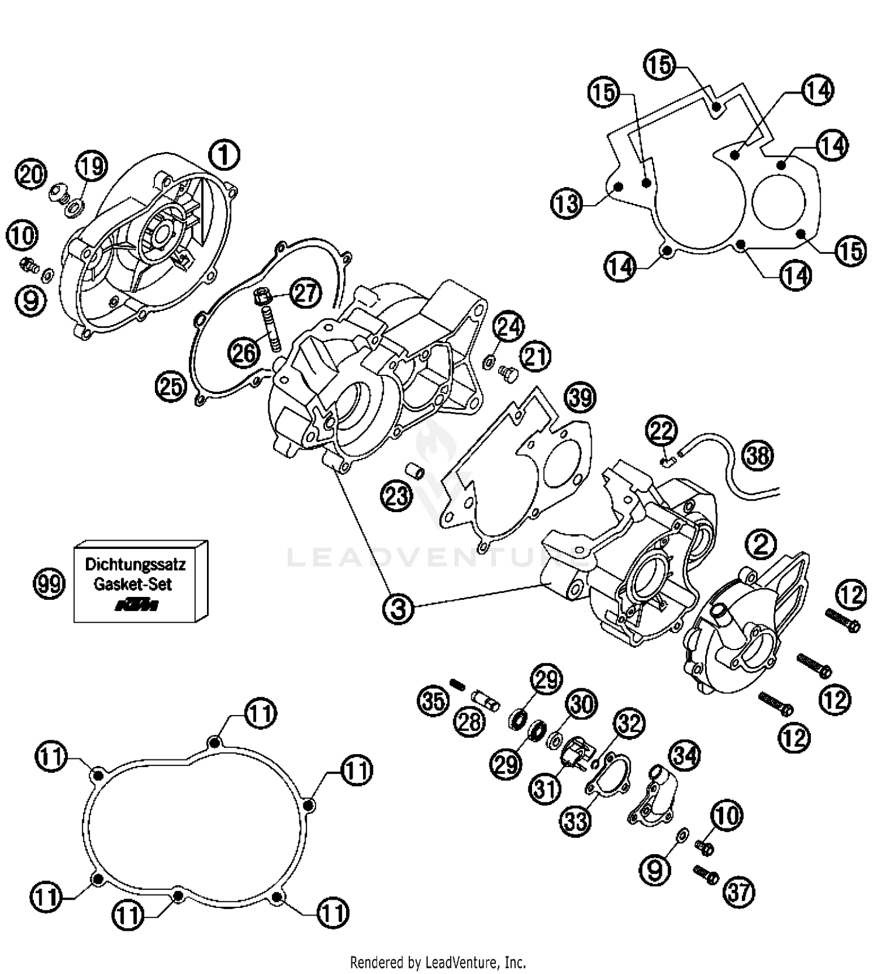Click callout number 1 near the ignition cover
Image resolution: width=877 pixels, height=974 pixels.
click(224, 155)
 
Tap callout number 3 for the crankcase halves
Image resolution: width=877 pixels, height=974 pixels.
click(398, 609)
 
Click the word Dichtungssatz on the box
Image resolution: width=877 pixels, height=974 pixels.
click(135, 565)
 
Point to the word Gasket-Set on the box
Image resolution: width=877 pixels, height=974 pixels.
click(133, 584)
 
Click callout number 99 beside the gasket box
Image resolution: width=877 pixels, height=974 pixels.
click(49, 583)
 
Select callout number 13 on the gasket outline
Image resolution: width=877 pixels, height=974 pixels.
click(567, 204)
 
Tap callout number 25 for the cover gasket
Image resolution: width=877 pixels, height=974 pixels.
click(171, 386)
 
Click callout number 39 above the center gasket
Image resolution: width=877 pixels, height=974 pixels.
click(580, 398)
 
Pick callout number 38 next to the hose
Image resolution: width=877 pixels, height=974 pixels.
click(758, 455)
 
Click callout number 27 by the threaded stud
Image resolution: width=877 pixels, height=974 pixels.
click(306, 292)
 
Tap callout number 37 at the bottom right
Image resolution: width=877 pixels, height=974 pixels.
click(739, 892)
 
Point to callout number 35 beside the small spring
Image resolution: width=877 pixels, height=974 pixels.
click(433, 700)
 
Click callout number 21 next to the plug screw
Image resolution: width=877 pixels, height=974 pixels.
click(536, 357)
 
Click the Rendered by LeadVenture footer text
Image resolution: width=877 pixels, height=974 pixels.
click(438, 962)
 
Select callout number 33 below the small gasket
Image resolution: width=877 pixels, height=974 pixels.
click(576, 821)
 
